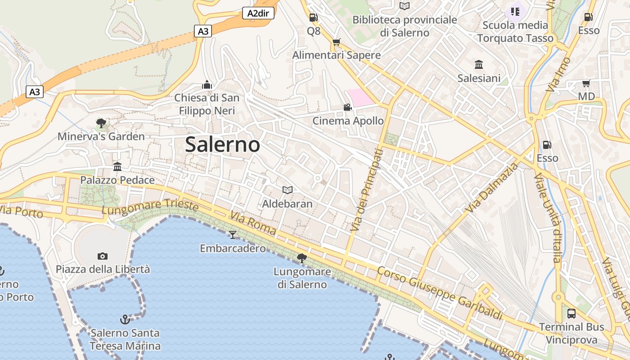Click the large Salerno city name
click(x=222, y=144)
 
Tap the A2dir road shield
click(x=258, y=13)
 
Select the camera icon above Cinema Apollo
click(x=347, y=107)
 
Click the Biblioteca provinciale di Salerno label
click(x=405, y=26)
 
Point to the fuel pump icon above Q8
click(x=313, y=18)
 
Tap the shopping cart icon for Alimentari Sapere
click(x=336, y=42)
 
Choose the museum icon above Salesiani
click(x=479, y=65)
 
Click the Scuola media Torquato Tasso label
click(x=515, y=31)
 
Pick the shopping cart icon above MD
click(x=586, y=83)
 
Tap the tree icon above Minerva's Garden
click(x=101, y=123)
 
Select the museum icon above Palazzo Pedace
click(x=117, y=167)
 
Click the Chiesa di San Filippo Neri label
click(x=207, y=104)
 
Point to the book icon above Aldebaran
click(x=287, y=190)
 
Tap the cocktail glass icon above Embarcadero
click(x=233, y=234)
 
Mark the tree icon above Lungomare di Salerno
click(x=301, y=258)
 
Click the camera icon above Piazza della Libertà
click(x=103, y=256)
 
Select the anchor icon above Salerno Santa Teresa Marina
click(x=125, y=319)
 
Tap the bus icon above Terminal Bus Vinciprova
click(x=571, y=313)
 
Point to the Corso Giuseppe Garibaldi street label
click(x=439, y=293)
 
